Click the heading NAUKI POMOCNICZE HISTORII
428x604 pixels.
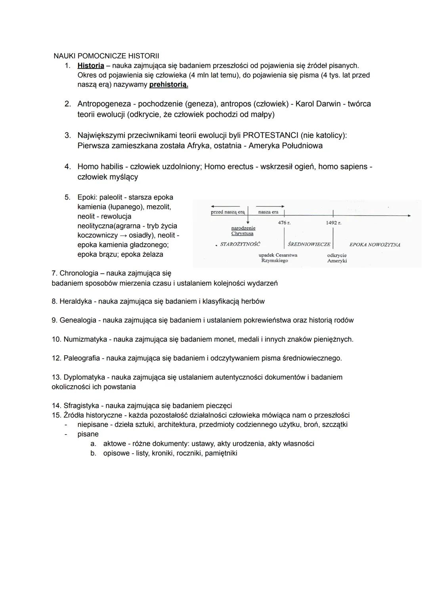[x=106, y=56]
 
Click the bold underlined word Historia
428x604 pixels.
[x=91, y=65]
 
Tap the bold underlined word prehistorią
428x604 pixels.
[x=168, y=85]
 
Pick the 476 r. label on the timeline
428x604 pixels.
[x=284, y=223]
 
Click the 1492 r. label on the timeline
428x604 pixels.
[x=333, y=223]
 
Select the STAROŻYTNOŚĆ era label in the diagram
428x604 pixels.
[x=240, y=244]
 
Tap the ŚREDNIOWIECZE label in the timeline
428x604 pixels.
[x=309, y=244]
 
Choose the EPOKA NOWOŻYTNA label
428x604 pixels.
[x=374, y=245]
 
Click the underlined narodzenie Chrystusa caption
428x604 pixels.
[x=243, y=231]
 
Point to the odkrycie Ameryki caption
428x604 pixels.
[x=337, y=258]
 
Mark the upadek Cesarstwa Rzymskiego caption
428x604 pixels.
[x=277, y=258]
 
